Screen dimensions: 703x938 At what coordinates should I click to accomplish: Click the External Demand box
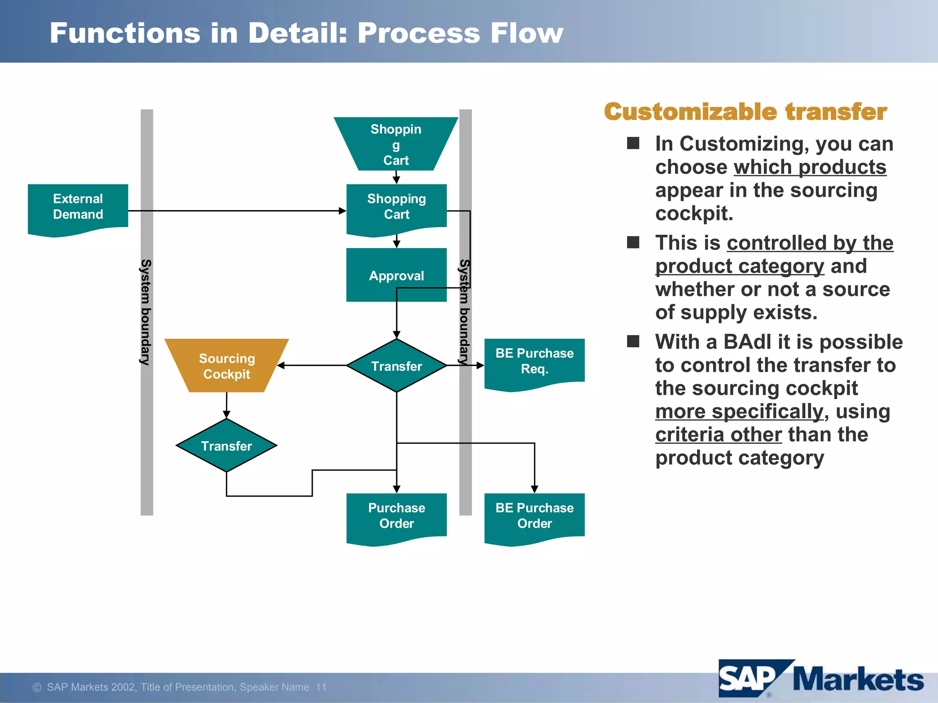78,207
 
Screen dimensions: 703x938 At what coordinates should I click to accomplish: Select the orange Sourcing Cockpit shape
227,366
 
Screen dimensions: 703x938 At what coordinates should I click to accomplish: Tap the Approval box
396,276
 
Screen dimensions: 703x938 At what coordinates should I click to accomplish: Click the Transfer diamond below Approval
396,366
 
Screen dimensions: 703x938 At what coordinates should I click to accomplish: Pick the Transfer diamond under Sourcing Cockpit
227,446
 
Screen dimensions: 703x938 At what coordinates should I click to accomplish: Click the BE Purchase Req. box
534,362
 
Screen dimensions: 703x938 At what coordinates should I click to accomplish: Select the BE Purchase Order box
534,516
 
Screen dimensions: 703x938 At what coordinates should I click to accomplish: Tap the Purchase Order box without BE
396,516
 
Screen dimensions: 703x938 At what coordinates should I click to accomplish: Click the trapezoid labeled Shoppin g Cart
396,144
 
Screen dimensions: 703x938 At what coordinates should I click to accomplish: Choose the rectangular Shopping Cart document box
396,207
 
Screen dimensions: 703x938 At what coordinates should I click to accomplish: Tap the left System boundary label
146,312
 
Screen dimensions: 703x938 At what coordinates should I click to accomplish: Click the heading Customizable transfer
745,112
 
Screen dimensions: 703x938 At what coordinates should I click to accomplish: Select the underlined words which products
810,167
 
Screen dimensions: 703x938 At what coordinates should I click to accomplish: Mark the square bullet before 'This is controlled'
633,243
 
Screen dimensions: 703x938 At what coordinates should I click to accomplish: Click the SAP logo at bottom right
749,679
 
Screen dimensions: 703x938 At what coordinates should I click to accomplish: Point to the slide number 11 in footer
321,687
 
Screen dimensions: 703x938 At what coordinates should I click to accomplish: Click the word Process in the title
418,33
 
